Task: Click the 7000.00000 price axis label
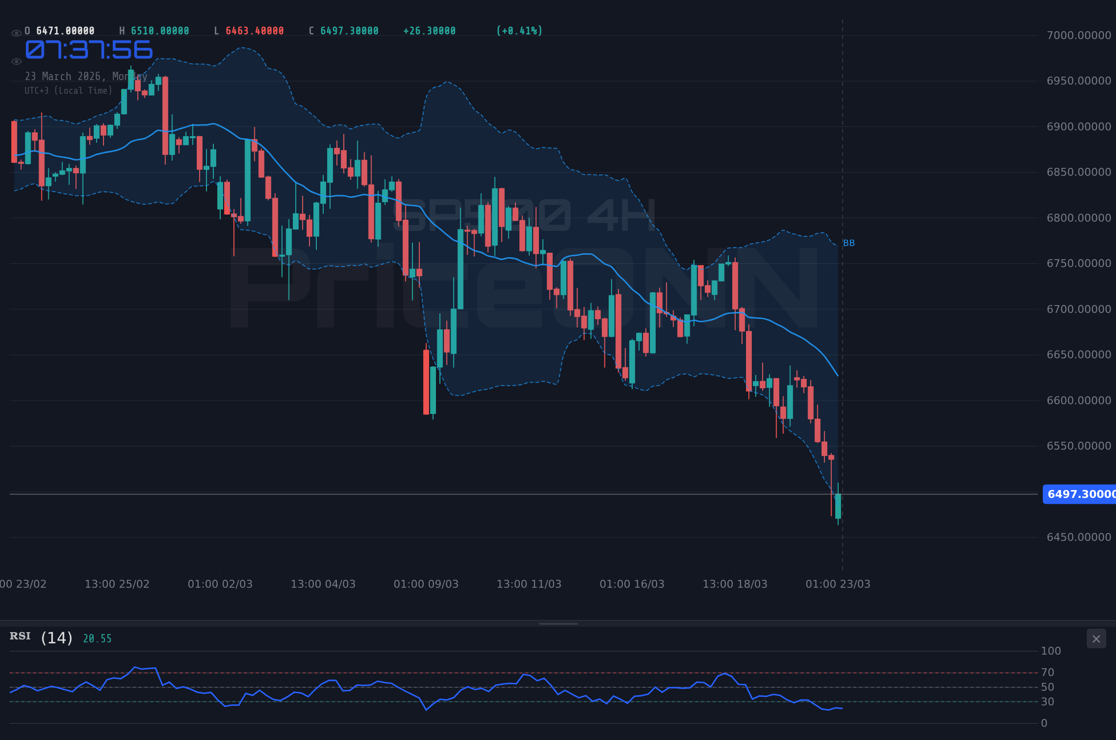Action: click(x=1078, y=36)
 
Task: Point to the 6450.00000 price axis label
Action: click(x=1078, y=537)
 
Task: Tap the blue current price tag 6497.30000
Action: click(x=1080, y=494)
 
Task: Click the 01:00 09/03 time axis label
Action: click(x=426, y=584)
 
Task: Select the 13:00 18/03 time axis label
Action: click(x=735, y=584)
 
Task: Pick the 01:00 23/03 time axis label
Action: click(x=838, y=584)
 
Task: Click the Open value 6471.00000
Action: click(x=65, y=31)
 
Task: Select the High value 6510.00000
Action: click(x=160, y=31)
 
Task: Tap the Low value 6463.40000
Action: click(x=254, y=31)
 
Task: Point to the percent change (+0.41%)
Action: click(x=519, y=31)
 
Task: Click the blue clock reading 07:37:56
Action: click(x=89, y=50)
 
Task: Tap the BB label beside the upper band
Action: click(x=849, y=243)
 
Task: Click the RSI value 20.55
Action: click(x=97, y=639)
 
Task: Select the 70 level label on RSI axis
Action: click(x=1047, y=673)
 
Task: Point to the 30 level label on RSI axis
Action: click(x=1047, y=702)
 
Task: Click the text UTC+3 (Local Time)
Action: click(x=68, y=91)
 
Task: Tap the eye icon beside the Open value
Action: click(x=16, y=33)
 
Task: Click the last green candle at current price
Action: click(x=838, y=506)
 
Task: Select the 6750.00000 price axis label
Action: click(x=1078, y=264)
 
